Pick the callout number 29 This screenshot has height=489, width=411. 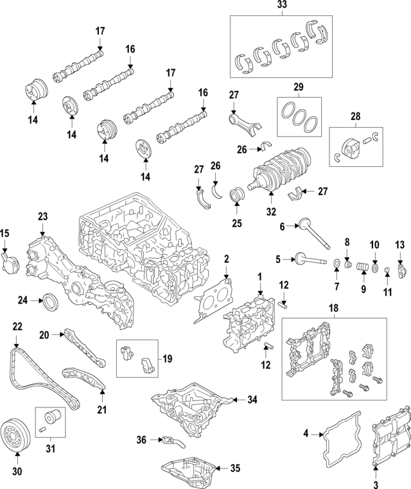click(298, 86)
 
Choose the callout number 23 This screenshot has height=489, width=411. click(43, 217)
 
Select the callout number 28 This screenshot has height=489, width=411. click(354, 117)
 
